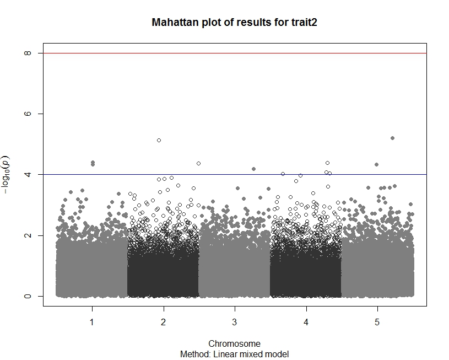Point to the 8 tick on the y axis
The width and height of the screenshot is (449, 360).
tap(26, 53)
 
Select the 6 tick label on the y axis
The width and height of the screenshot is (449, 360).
tap(26, 114)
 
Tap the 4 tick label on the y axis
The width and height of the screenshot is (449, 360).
tap(26, 175)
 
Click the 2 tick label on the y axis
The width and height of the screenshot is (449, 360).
tap(26, 235)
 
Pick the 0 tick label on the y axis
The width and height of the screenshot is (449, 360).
tap(26, 296)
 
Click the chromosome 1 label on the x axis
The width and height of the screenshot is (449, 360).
tap(92, 321)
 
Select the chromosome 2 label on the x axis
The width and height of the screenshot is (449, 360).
tap(163, 321)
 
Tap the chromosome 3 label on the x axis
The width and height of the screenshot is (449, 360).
tap(235, 321)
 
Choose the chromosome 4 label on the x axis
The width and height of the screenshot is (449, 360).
tap(306, 321)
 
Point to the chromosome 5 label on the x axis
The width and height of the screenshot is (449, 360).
tap(377, 321)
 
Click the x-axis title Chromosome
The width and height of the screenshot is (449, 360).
tap(235, 344)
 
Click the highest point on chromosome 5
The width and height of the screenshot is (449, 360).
tap(392, 138)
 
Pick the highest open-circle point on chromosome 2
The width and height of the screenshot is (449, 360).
tap(159, 141)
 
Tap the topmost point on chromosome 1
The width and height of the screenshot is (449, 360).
tap(93, 162)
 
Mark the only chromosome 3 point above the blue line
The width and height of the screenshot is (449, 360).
tap(253, 169)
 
